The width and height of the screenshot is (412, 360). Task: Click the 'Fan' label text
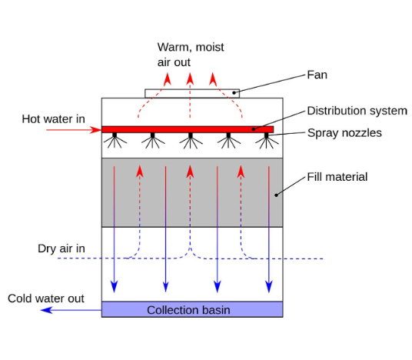pyautogui.click(x=317, y=75)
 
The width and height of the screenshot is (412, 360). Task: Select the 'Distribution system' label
pyautogui.click(x=357, y=111)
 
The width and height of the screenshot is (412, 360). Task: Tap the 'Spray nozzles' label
pyautogui.click(x=344, y=133)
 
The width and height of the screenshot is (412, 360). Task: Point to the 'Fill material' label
pyautogui.click(x=337, y=177)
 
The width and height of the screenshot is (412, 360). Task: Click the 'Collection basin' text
pyautogui.click(x=188, y=310)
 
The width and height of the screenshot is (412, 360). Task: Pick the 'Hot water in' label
pyautogui.click(x=53, y=119)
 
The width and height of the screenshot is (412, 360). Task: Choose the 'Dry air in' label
pyautogui.click(x=61, y=248)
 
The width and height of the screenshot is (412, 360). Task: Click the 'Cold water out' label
pyautogui.click(x=46, y=298)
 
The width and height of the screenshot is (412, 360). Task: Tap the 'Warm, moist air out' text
pyautogui.click(x=191, y=55)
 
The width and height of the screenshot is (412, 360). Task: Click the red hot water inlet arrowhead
pyautogui.click(x=96, y=130)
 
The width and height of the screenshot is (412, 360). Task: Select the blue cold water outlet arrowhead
pyautogui.click(x=47, y=310)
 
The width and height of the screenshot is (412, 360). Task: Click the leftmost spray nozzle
pyautogui.click(x=115, y=142)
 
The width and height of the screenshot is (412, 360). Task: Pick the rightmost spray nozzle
pyautogui.click(x=267, y=142)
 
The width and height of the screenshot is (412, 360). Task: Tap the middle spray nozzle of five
pyautogui.click(x=191, y=142)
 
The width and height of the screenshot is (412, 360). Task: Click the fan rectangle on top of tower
pyautogui.click(x=192, y=93)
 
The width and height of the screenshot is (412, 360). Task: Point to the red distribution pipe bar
pyautogui.click(x=188, y=129)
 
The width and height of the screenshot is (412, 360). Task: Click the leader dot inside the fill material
pyautogui.click(x=276, y=195)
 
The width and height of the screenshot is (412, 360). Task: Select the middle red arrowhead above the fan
pyautogui.click(x=190, y=79)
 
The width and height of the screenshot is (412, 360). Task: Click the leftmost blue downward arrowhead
pyautogui.click(x=114, y=287)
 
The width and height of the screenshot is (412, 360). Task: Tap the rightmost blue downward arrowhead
pyautogui.click(x=269, y=287)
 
